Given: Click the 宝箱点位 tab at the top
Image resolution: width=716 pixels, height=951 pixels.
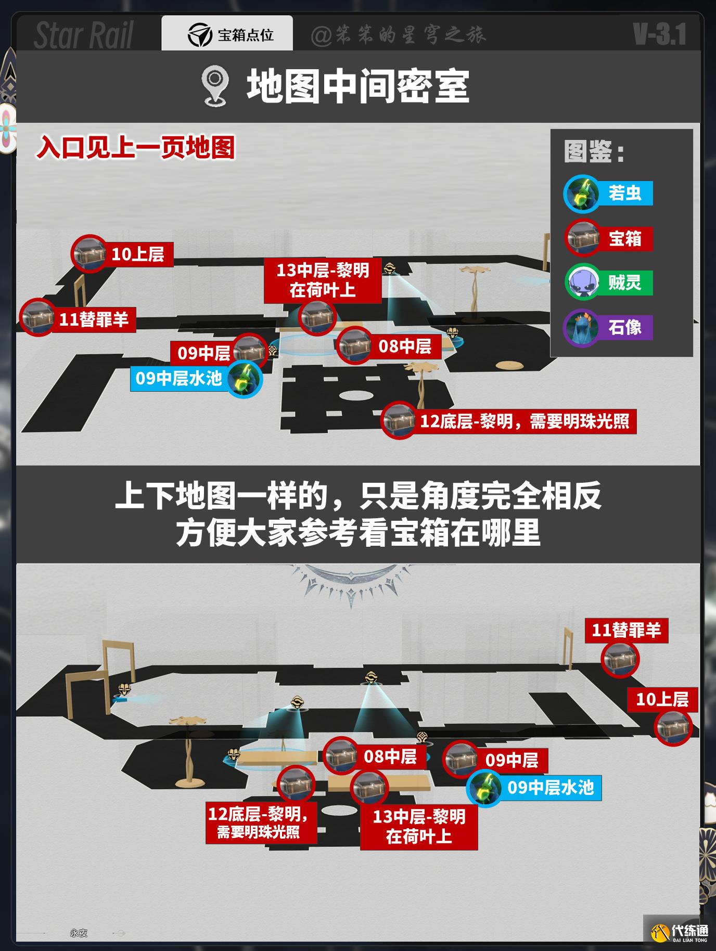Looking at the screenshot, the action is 227,34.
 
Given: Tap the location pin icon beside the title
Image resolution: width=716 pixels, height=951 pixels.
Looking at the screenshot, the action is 214,87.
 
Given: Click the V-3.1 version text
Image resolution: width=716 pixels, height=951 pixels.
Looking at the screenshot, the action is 659,34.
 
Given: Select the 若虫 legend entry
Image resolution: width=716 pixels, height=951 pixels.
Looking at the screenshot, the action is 608,194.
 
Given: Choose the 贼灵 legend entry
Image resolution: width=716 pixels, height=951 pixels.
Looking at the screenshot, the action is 608,282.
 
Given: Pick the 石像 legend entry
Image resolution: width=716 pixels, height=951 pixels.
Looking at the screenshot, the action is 608,327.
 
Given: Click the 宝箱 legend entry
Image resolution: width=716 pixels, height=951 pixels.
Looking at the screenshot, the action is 608,239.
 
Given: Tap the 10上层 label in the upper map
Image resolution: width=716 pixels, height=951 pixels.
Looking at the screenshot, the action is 138,254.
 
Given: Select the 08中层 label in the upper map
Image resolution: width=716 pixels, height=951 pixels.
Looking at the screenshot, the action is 405,346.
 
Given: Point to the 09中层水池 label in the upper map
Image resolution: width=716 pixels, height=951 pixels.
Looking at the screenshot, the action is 179,378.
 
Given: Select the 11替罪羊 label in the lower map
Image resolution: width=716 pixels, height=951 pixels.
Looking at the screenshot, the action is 626,631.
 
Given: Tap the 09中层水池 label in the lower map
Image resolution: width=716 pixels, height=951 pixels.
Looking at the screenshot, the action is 551,787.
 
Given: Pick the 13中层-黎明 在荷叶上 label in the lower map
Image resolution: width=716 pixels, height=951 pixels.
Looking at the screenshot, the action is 419,827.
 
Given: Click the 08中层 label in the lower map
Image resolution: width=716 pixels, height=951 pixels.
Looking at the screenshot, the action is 390,756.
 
